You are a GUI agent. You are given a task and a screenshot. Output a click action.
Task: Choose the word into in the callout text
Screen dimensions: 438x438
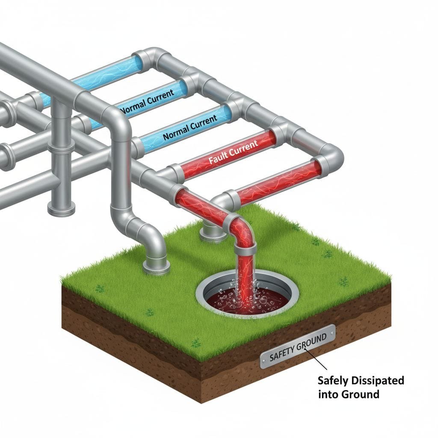tap(328, 394)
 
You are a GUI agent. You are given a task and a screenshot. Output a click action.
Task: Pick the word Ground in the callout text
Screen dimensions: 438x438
tap(360, 394)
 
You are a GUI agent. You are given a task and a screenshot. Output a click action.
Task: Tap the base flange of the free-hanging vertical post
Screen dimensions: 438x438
tap(61, 210)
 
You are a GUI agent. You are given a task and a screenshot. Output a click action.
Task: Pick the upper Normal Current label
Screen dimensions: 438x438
tap(147, 101)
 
